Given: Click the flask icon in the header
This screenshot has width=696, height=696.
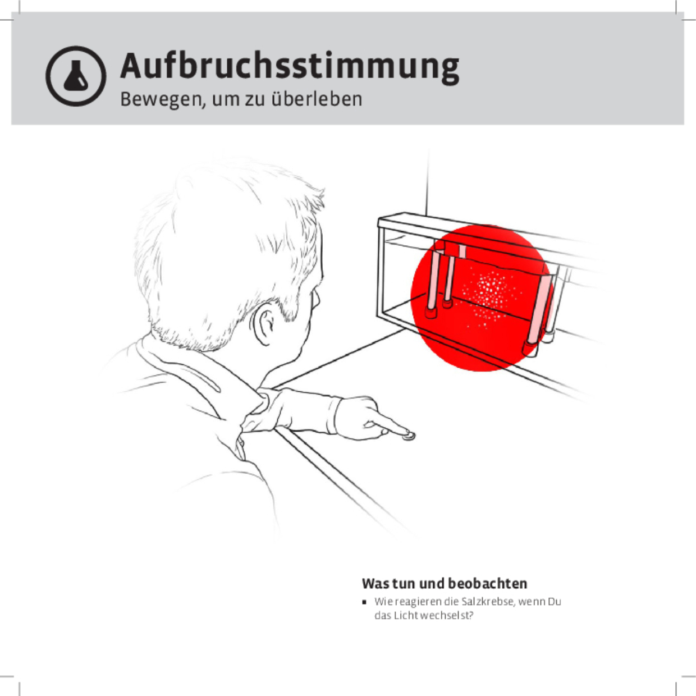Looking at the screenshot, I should tap(76, 76).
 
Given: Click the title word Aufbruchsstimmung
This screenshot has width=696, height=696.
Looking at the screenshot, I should tap(289, 66).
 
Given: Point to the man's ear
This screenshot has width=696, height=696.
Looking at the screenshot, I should tap(265, 326).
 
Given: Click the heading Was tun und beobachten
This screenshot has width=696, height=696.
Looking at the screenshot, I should tap(445, 584).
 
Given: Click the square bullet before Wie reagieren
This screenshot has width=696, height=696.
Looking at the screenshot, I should tap(365, 602).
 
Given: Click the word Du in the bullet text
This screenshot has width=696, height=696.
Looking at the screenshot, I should tap(555, 602).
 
